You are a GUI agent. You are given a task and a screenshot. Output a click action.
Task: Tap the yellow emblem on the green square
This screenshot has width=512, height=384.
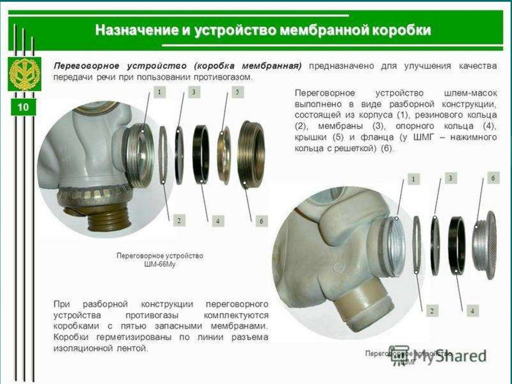(x=24, y=75)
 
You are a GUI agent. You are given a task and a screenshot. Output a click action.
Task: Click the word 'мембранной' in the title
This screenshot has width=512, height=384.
(x=312, y=30)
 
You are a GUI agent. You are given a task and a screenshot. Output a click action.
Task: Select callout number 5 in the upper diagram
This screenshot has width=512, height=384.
(x=237, y=93)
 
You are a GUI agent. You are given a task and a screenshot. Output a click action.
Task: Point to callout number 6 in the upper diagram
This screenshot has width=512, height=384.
(x=261, y=221)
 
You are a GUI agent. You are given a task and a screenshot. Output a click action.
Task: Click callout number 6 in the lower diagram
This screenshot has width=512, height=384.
(x=493, y=178)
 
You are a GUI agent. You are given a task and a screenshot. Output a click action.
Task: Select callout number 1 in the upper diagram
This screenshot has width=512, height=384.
(x=159, y=93)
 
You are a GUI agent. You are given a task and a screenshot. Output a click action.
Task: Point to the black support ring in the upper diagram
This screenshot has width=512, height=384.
(x=201, y=154)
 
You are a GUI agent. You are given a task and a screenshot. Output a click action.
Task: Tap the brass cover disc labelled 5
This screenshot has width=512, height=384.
(x=224, y=155)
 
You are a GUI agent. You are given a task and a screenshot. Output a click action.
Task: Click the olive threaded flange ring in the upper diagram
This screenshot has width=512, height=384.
(x=251, y=154)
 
